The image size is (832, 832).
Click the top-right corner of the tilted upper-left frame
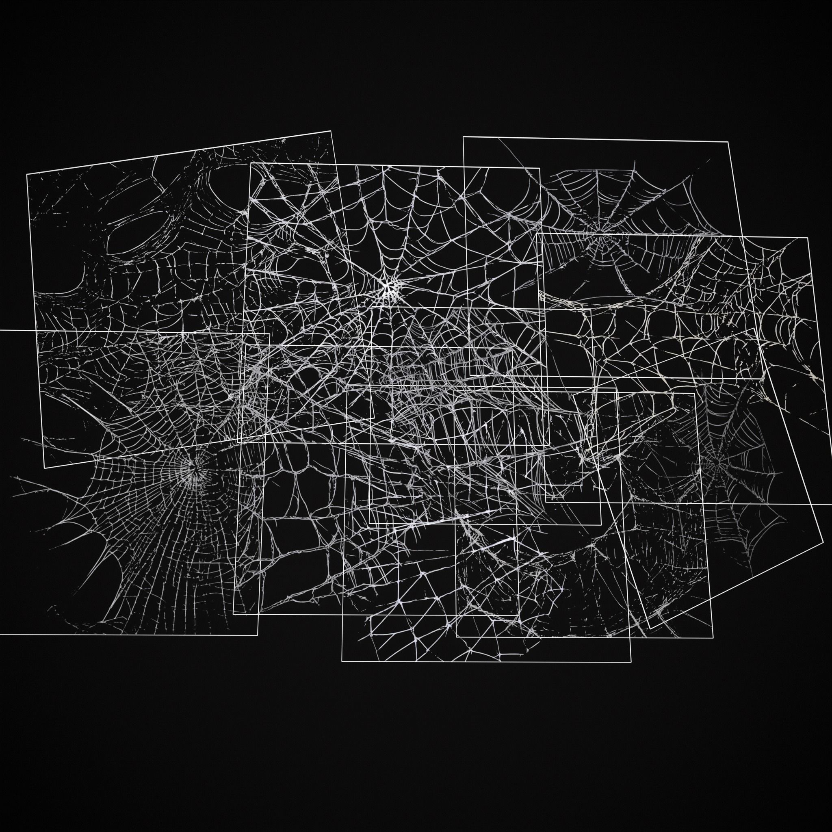331,131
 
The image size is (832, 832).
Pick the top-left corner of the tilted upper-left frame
27,173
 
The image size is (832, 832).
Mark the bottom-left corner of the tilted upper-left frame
45,468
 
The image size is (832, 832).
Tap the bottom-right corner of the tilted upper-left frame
374,418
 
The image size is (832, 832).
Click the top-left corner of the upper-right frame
464,137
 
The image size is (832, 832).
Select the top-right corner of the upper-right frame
728,141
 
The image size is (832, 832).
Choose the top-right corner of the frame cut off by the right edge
807,238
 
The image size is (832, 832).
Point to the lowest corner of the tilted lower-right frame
650,629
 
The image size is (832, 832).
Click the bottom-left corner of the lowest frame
342,661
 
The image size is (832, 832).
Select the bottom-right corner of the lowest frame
631,661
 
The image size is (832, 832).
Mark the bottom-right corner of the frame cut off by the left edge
258,635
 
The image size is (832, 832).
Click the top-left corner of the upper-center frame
251,163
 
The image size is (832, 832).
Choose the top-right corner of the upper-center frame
539,168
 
